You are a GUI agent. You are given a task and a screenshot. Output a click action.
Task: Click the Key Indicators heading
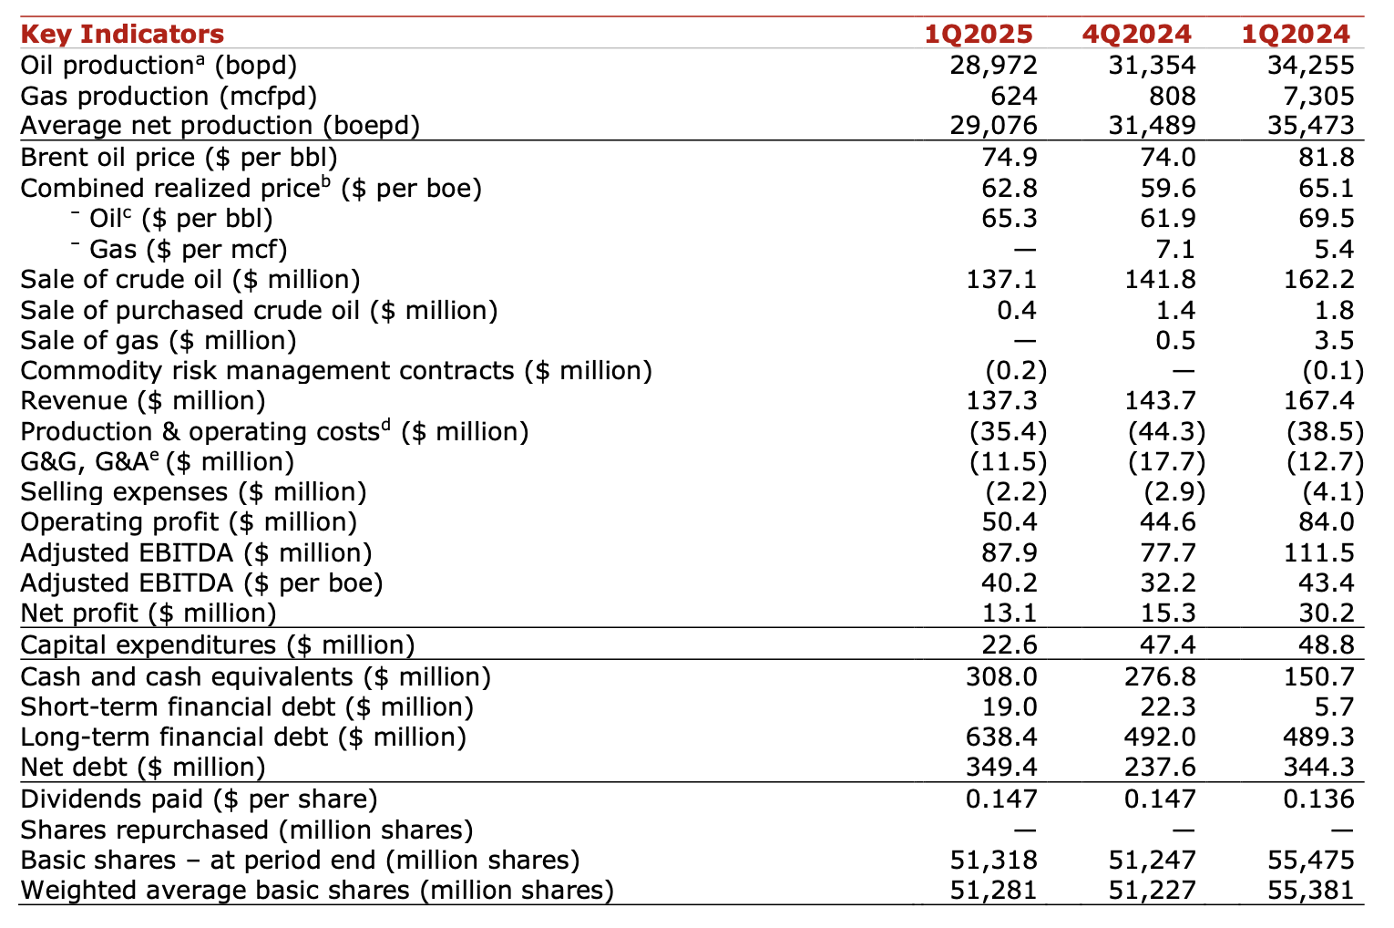tap(122, 34)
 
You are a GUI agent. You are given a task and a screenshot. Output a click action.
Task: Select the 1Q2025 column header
tap(979, 34)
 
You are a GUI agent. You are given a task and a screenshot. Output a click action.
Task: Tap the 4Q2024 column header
tap(1136, 34)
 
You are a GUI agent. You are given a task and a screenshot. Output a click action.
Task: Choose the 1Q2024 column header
tap(1296, 34)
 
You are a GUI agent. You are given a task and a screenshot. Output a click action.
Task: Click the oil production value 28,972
tap(993, 66)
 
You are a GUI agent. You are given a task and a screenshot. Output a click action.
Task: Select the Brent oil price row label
tap(179, 157)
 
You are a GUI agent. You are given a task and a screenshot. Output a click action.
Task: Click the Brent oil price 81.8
tap(1327, 157)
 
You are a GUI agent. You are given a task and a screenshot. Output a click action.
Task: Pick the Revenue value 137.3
tap(1001, 400)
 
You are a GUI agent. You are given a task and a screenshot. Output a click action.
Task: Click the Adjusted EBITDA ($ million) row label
tap(196, 553)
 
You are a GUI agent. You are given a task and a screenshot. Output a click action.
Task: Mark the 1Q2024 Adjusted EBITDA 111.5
tap(1318, 553)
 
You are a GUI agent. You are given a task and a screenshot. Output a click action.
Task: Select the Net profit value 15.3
tap(1168, 614)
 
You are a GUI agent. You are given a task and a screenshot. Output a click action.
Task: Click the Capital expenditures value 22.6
tap(1010, 644)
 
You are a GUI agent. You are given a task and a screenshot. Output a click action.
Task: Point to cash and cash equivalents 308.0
tap(1001, 676)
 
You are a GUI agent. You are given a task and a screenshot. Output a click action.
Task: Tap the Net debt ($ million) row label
tap(142, 768)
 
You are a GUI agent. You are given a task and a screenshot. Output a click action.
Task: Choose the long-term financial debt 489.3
tap(1318, 737)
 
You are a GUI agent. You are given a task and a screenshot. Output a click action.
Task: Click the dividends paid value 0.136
tap(1318, 799)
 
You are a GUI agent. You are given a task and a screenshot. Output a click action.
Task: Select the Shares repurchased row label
tap(246, 830)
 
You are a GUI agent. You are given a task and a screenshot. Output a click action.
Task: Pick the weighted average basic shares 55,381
tap(1310, 891)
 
